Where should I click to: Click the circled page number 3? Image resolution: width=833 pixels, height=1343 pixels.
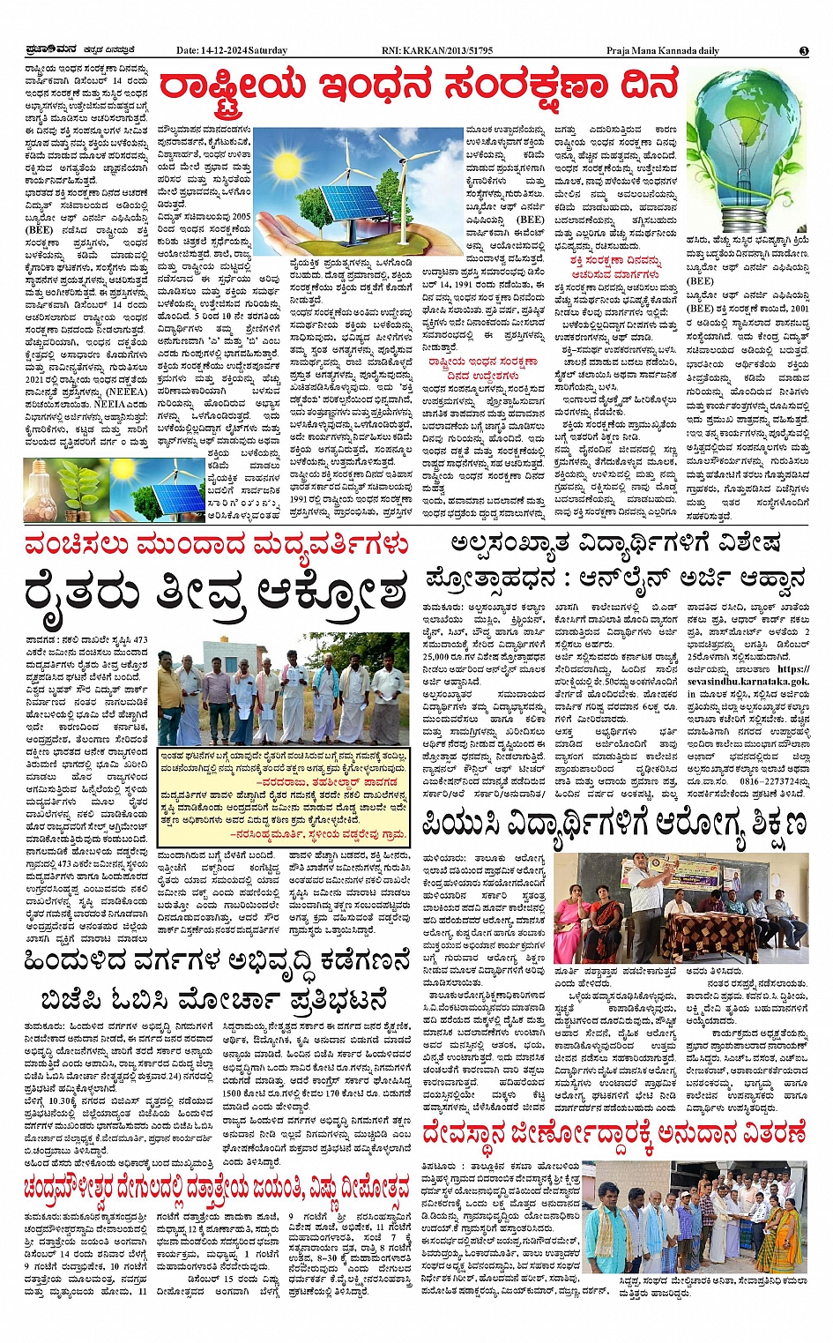tap(804, 51)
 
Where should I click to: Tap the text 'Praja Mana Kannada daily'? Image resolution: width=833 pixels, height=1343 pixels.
tap(662, 50)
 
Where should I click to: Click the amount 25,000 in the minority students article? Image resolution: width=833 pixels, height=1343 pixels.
tap(438, 656)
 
